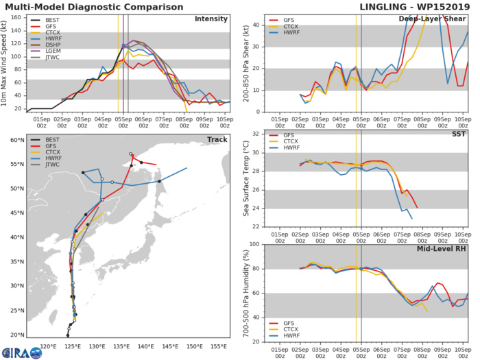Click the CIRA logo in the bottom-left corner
(x=21, y=352)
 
